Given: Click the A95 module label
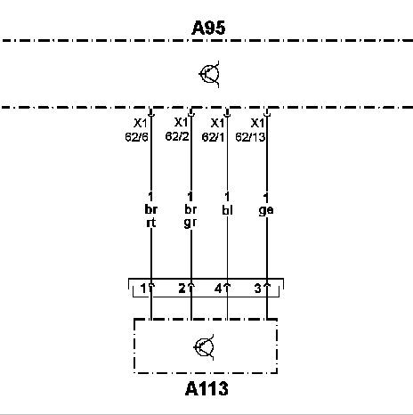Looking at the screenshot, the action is (208, 28).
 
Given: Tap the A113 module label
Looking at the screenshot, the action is (206, 388).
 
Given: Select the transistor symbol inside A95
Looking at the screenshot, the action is (209, 74).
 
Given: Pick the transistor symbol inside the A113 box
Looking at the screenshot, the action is (204, 347).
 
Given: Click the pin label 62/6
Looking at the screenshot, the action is (136, 137).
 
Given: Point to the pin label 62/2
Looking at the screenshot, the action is (177, 136).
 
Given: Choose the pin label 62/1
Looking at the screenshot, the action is (213, 137).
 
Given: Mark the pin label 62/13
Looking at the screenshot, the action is (250, 137).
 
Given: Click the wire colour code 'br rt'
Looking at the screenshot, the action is (151, 216).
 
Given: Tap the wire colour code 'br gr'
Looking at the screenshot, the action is (190, 216).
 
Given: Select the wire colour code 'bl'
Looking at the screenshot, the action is (227, 210).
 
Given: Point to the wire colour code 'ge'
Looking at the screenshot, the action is (266, 210).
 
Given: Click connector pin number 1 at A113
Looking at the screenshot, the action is (143, 289).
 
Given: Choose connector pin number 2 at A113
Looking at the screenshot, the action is (182, 289).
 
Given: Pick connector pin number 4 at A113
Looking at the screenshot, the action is (218, 289).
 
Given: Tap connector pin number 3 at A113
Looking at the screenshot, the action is (258, 289).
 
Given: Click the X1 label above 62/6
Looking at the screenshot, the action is (140, 123).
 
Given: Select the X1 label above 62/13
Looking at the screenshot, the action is (257, 123).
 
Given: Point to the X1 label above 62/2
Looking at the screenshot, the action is (181, 122).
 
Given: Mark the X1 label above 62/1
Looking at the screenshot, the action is (217, 123).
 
